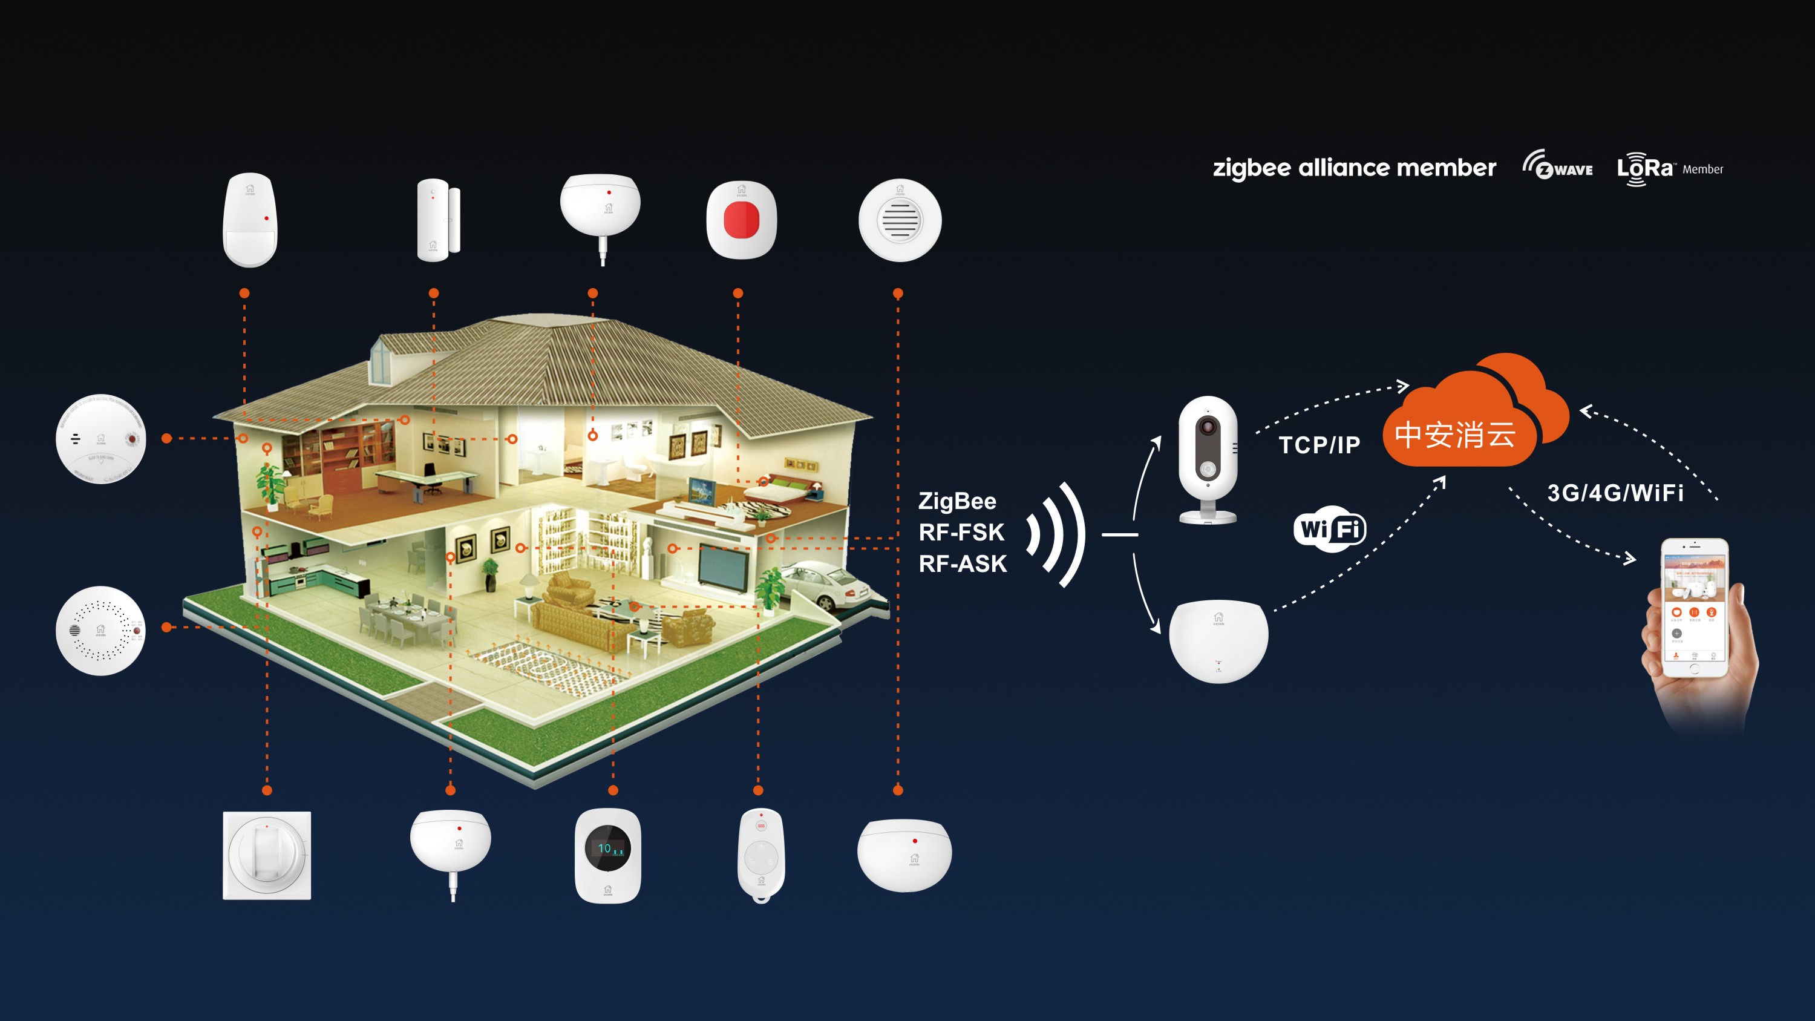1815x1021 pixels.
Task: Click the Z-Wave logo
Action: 1557,166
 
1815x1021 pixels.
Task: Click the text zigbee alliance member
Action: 1353,168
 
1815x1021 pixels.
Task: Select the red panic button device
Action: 741,219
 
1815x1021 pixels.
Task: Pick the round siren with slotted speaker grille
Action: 900,220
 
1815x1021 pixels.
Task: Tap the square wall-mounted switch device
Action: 266,855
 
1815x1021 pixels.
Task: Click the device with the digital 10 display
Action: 607,855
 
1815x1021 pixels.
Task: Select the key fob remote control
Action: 760,855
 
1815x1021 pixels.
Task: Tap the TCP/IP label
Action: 1319,445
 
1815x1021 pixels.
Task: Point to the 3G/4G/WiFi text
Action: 1615,493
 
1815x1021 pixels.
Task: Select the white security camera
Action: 1208,458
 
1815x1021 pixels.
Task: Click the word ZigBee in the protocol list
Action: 957,501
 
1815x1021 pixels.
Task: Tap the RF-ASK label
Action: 963,563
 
